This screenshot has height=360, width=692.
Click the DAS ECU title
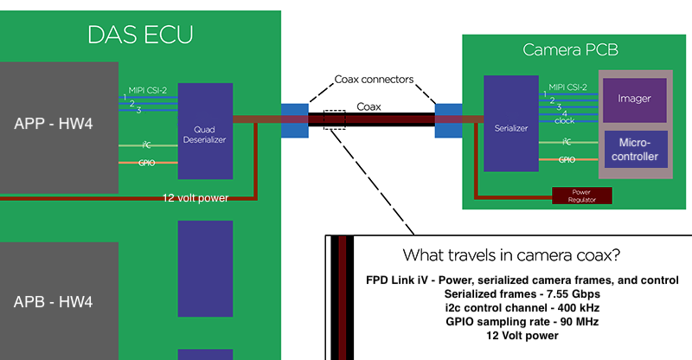pyautogui.click(x=140, y=35)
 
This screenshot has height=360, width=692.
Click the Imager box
pyautogui.click(x=634, y=100)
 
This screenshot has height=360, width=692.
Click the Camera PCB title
pyautogui.click(x=570, y=50)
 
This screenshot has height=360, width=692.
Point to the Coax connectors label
pyautogui.click(x=375, y=80)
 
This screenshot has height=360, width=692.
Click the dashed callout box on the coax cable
pyautogui.click(x=334, y=119)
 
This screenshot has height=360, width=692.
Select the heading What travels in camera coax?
pyautogui.click(x=511, y=256)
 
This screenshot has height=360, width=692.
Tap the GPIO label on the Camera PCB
pyautogui.click(x=567, y=159)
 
